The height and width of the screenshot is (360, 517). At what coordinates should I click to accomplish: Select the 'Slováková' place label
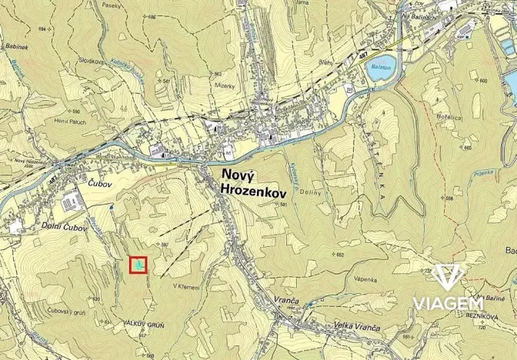92,60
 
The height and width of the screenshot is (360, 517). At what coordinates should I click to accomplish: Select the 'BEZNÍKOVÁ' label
489,316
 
